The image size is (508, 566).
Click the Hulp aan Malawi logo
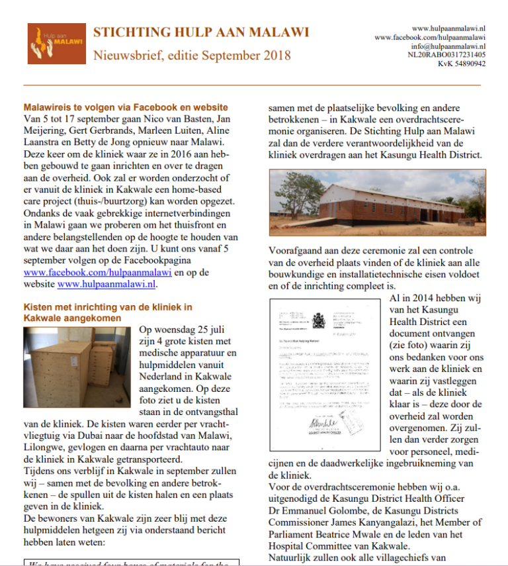(56, 44)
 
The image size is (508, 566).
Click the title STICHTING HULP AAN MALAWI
(192, 32)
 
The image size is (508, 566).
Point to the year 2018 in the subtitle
(273, 55)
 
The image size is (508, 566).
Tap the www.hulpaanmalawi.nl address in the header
(448, 28)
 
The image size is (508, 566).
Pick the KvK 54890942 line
(461, 64)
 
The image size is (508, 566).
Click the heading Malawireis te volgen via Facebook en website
(126, 107)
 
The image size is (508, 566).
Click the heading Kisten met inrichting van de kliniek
(108, 307)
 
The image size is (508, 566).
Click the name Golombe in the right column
(362, 510)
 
